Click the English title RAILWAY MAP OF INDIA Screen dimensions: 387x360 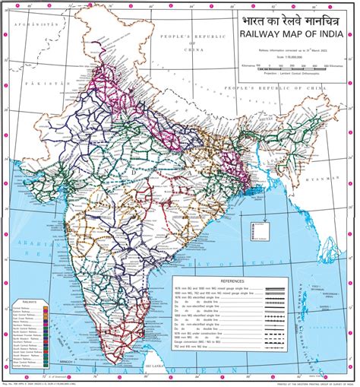(x=290, y=34)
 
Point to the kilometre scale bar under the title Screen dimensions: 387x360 (x=291, y=65)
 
